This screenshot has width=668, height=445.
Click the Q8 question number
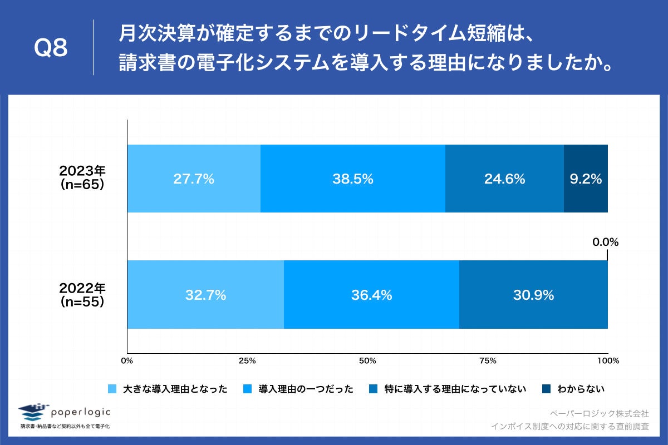tap(51, 48)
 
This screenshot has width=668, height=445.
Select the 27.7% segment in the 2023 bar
tap(194, 179)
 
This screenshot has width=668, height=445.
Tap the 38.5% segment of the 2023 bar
tap(353, 179)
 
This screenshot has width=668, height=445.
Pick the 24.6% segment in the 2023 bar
tap(504, 179)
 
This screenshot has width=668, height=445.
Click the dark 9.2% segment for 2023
tap(586, 179)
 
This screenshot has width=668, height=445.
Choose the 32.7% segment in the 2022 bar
tap(205, 295)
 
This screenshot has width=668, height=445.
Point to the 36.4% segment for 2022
tap(371, 295)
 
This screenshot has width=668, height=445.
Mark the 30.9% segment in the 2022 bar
tap(533, 295)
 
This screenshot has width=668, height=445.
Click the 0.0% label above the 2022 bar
tap(605, 243)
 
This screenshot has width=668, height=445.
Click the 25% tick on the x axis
tap(247, 361)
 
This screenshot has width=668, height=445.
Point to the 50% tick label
tap(367, 361)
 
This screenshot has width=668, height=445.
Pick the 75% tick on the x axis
tap(488, 361)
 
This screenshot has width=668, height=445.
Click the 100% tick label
tap(608, 361)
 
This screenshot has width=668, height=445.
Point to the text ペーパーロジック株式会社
tap(599, 413)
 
